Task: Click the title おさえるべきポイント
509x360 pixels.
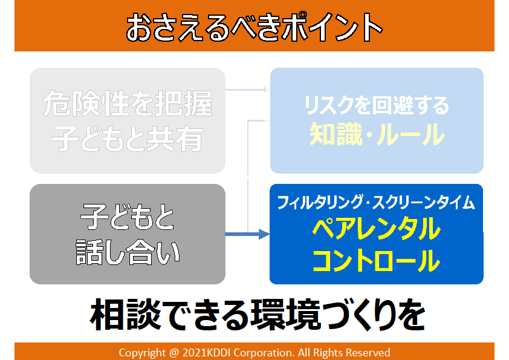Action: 254,26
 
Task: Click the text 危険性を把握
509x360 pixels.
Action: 128,105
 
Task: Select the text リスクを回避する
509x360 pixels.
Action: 377,105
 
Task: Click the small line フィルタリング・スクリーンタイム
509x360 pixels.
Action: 376,203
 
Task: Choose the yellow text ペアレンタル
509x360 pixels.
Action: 376,230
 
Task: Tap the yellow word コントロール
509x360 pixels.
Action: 376,261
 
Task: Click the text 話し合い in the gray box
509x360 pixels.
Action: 128,253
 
